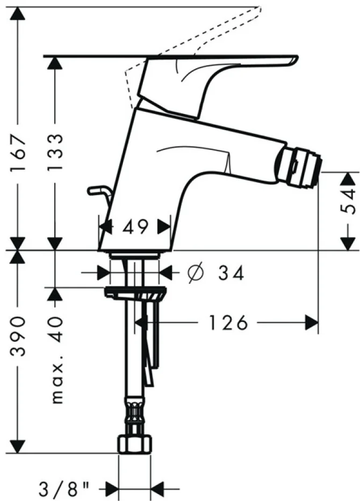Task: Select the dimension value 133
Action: [x=55, y=153]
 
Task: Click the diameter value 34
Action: [x=231, y=273]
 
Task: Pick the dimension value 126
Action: [x=228, y=323]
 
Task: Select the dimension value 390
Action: [x=18, y=336]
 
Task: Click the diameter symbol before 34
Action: [x=196, y=273]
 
